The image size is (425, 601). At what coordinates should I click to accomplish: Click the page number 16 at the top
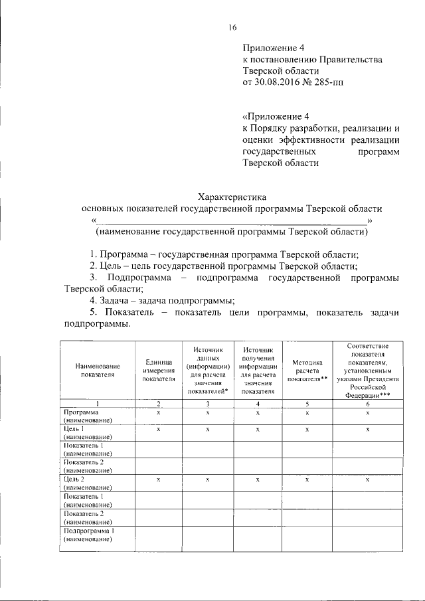click(x=232, y=27)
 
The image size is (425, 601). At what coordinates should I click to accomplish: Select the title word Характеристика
click(x=232, y=197)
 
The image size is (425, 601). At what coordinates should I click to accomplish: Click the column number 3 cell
click(x=207, y=404)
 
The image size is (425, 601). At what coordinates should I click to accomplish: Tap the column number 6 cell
click(x=367, y=404)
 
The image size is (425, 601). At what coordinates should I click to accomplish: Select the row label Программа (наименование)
click(x=88, y=416)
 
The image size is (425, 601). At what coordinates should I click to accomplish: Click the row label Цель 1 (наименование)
click(x=88, y=433)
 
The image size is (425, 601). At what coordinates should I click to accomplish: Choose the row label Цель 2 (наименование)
click(x=88, y=483)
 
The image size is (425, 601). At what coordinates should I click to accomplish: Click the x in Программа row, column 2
click(x=159, y=413)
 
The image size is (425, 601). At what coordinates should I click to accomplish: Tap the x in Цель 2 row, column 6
click(x=367, y=479)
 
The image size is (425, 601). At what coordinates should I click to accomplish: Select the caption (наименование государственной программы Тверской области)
click(x=232, y=232)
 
